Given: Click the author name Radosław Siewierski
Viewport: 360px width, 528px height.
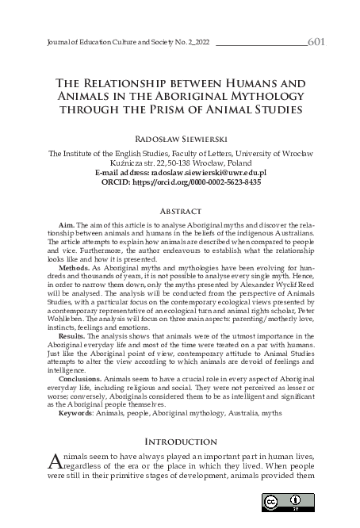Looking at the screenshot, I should point(179,136).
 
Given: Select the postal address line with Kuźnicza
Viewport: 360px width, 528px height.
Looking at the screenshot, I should point(179,162).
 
